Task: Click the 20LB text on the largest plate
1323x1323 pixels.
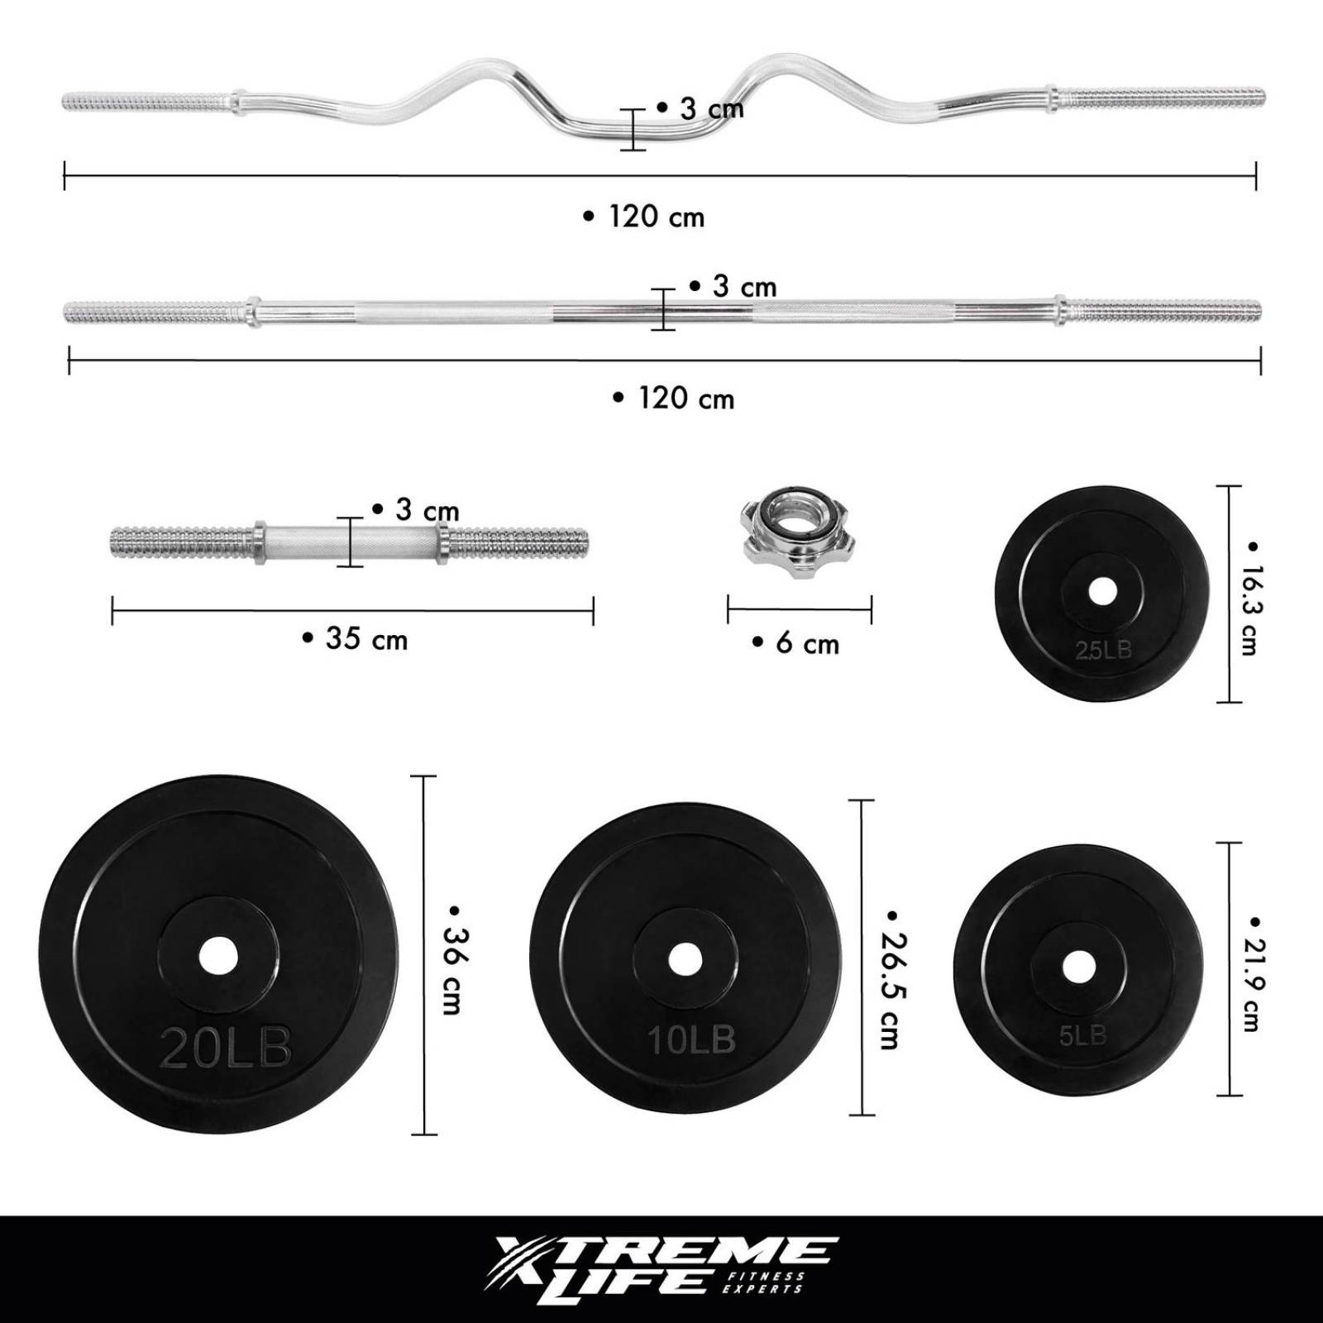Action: [x=226, y=1048]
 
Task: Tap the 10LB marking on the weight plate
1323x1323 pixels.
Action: [x=691, y=1039]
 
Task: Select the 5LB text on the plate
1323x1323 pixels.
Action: [x=1082, y=1034]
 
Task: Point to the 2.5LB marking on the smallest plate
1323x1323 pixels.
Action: [x=1103, y=651]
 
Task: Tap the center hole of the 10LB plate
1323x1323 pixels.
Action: [x=685, y=959]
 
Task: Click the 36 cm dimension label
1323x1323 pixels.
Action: [x=454, y=959]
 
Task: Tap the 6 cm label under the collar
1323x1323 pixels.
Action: [x=797, y=643]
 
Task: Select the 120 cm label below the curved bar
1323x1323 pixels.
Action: [x=645, y=217]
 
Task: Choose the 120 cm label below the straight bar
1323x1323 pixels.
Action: [x=675, y=399]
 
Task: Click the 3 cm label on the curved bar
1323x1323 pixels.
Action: [x=701, y=108]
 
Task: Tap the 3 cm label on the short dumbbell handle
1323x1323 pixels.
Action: [x=416, y=510]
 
